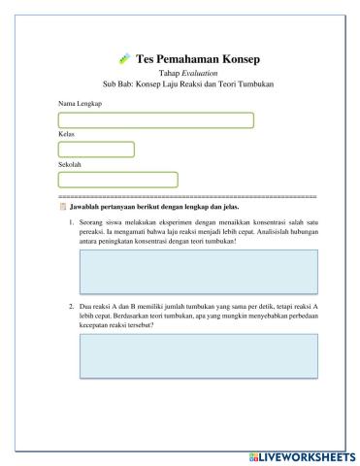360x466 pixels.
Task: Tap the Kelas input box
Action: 96,150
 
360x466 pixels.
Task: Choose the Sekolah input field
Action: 118,180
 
